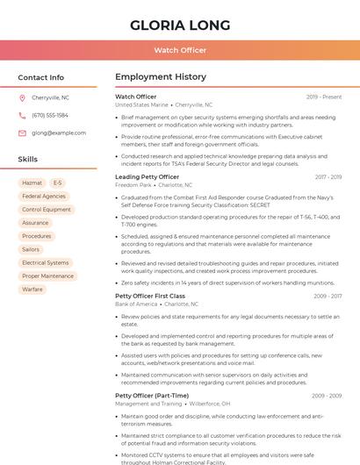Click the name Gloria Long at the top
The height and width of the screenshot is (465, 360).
180,25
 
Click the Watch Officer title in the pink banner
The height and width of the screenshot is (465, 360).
180,51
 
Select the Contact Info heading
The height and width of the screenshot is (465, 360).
40,77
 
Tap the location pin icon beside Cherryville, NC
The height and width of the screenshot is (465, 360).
22,98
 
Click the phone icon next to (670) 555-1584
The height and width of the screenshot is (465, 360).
22,115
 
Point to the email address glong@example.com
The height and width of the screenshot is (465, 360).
59,132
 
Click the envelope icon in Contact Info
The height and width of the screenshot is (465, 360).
22,132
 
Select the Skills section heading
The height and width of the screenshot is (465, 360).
28,160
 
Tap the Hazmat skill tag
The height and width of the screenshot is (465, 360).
32,183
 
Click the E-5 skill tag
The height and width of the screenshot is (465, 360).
58,183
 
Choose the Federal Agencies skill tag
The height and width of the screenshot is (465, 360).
44,197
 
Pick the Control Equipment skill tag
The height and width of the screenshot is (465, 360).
47,210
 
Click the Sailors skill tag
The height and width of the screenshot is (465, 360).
31,249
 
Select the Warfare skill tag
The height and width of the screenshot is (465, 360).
32,289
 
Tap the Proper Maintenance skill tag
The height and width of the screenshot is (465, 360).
47,275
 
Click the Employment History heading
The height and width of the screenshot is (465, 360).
161,77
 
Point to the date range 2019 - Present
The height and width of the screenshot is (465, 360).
324,97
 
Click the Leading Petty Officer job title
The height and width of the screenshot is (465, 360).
147,177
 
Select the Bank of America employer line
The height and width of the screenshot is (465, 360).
137,304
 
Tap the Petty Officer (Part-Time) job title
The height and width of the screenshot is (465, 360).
152,396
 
